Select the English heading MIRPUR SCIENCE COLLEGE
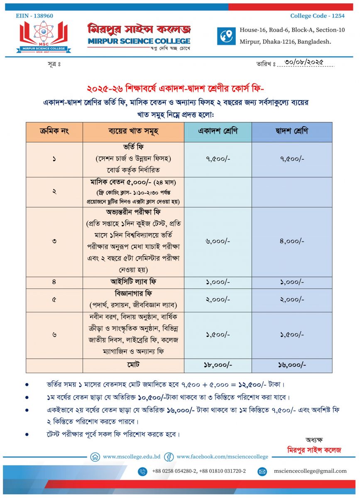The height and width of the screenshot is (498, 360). (139, 41)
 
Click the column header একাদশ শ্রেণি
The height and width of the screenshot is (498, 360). (218, 132)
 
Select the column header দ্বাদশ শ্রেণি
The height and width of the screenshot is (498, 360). (292, 132)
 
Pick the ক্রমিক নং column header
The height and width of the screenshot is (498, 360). (54, 132)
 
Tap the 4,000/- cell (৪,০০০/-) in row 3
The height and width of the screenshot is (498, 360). (292, 241)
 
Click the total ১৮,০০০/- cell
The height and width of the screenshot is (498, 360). (218, 365)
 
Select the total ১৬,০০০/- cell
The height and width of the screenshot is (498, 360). (292, 365)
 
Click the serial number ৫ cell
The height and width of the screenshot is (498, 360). (54, 300)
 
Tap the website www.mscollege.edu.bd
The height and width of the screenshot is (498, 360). (132, 457)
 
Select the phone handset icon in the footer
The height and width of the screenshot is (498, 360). (142, 471)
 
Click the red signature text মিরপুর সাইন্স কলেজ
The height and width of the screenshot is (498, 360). (314, 450)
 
